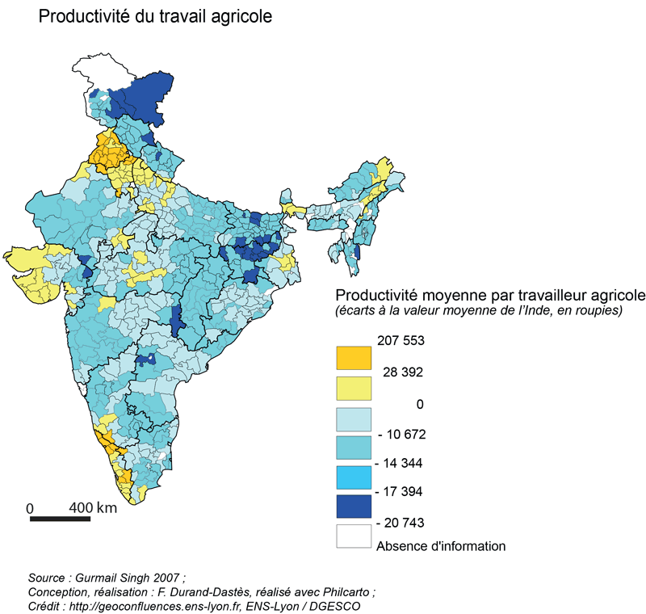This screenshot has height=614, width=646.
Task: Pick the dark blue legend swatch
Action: pos(354,507)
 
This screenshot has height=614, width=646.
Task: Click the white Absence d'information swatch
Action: pos(354,536)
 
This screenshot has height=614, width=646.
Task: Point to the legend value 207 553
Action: pos(401,341)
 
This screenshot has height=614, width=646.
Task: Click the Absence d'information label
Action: pos(441,546)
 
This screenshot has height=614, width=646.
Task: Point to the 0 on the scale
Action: pos(31,508)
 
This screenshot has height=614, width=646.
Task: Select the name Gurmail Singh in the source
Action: pos(119,578)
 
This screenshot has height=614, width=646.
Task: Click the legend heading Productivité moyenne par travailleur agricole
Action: pos(489,293)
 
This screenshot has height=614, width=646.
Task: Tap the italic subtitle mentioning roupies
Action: pos(478,310)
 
